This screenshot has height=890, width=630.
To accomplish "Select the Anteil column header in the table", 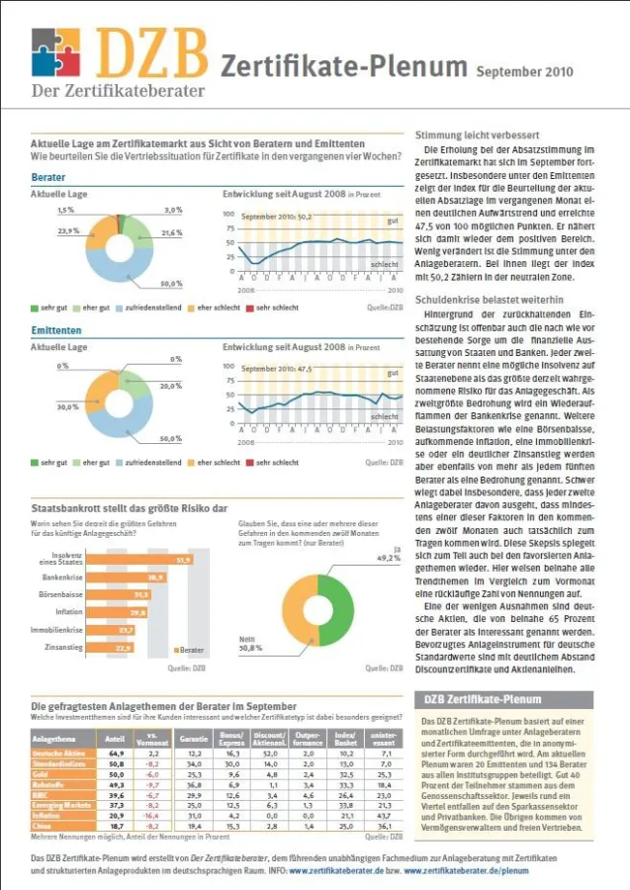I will pyautogui.click(x=114, y=739).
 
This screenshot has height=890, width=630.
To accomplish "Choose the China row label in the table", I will pyautogui.click(x=45, y=824).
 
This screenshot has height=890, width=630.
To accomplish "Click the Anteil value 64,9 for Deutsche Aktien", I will pyautogui.click(x=115, y=754).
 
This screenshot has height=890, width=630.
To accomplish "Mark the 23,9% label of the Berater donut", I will pyautogui.click(x=68, y=230).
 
